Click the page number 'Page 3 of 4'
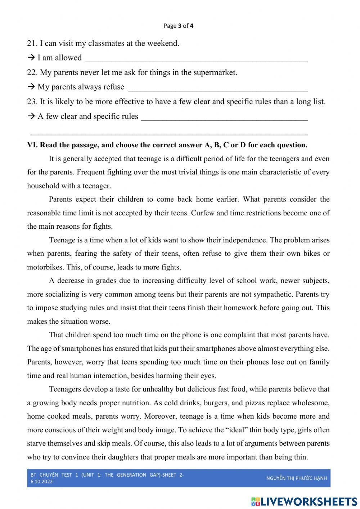tap(178, 26)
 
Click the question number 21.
tap(32, 44)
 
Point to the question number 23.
tap(32, 102)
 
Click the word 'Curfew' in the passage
tap(203, 213)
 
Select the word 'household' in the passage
tap(42, 186)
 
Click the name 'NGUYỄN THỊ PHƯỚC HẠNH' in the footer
tap(296, 478)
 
